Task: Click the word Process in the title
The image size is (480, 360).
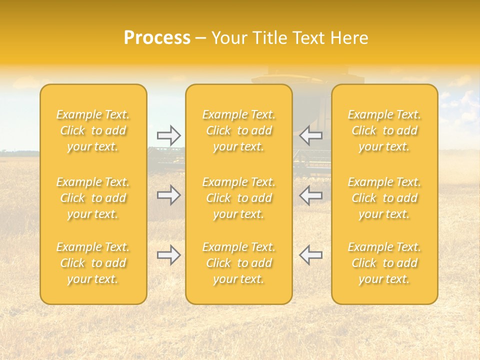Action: coord(157,38)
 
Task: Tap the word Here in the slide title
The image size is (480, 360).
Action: coord(349,38)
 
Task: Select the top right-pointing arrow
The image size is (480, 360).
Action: coord(168,135)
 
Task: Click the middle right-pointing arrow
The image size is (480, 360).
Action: coord(168,195)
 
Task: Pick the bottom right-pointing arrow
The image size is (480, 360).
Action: coord(168,255)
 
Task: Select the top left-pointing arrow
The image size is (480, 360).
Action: coord(311,135)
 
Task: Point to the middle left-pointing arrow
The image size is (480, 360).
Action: coord(311,195)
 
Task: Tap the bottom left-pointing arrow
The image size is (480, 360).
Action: coord(311,255)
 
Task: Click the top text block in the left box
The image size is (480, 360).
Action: coord(93,130)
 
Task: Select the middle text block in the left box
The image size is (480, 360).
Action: coord(93,198)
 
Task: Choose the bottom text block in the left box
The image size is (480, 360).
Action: coord(93,263)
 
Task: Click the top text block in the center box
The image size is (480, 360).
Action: coord(239,130)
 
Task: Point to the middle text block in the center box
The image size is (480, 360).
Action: coord(239,198)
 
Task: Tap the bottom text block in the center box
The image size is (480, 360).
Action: coord(239,263)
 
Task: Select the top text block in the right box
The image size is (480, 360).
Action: coord(384,130)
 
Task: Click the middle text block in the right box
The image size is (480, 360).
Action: coord(384,198)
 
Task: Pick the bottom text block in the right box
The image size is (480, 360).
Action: coord(384,263)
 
